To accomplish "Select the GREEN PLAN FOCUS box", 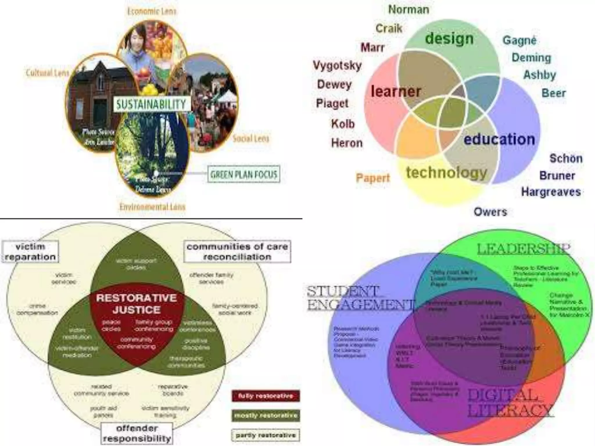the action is (x=244, y=174).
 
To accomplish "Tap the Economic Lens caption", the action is (x=152, y=11).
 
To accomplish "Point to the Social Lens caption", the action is (x=251, y=139).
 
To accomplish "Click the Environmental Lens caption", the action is (x=152, y=207).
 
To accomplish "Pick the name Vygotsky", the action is (x=337, y=65).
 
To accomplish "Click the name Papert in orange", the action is (x=373, y=178).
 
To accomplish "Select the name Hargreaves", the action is (x=551, y=192).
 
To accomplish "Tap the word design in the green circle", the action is (x=449, y=39).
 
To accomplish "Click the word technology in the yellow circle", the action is (x=447, y=172).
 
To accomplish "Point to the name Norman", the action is (x=409, y=10).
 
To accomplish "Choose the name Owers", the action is (x=490, y=212).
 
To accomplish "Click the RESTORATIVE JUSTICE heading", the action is (x=137, y=304).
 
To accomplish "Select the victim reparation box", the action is (x=31, y=252).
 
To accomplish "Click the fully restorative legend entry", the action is (x=266, y=396).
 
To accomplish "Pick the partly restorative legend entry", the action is (x=266, y=435).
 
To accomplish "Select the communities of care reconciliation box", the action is (x=237, y=252).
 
